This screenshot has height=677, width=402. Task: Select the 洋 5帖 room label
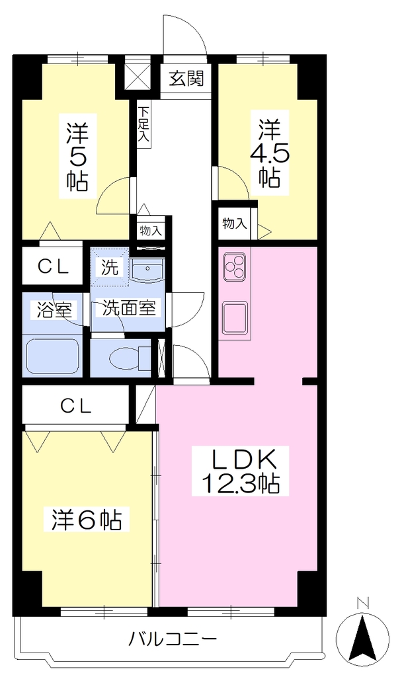point(77,157)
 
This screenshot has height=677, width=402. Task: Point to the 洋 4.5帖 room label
point(270,153)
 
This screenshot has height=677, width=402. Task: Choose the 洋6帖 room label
point(87,520)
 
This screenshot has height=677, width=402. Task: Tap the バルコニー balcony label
point(173,638)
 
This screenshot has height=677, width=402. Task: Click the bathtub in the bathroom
point(53,356)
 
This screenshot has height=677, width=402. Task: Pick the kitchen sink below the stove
point(235,316)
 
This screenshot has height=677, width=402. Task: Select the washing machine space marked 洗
point(109,267)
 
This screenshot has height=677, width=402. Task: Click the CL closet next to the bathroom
point(53,266)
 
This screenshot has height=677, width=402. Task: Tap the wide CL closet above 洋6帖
point(76,405)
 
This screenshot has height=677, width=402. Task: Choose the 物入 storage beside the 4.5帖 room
point(235,223)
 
